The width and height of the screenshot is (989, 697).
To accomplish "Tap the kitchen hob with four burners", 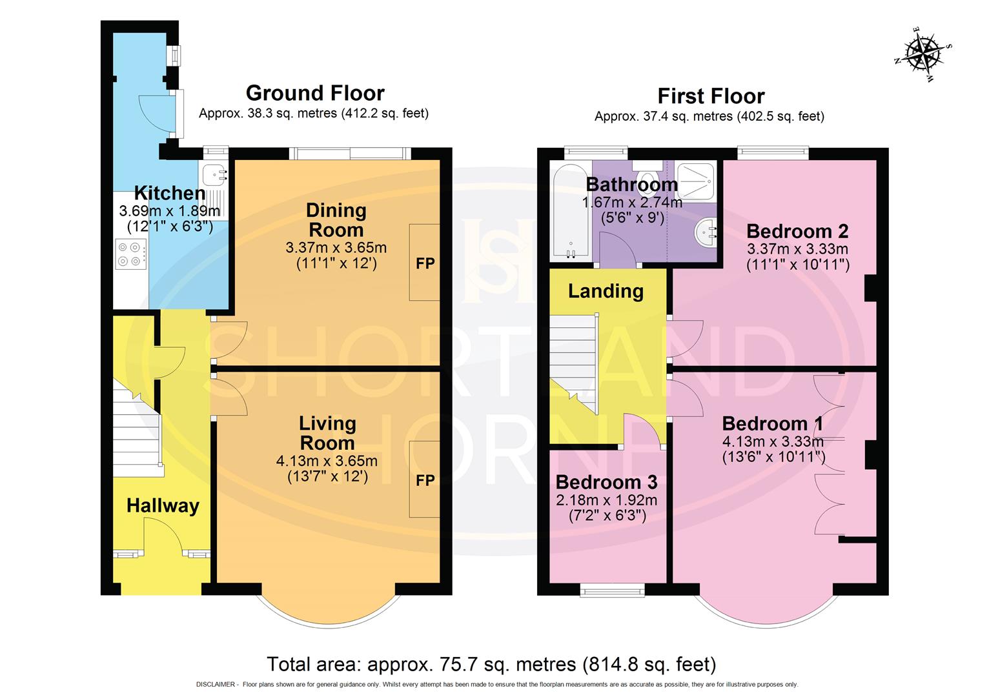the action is [x=131, y=254].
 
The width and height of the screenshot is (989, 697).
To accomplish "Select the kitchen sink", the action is [x=214, y=174].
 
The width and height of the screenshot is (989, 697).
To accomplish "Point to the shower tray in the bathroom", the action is [x=695, y=181].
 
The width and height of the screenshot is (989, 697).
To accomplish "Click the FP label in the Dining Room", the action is [x=425, y=263].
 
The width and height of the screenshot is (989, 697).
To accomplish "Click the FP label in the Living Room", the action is [x=425, y=480].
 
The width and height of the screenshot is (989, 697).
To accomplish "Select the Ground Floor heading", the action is [x=315, y=93].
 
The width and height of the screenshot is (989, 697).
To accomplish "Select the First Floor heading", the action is [x=711, y=96].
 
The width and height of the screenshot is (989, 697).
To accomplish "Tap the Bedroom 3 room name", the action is [x=607, y=482].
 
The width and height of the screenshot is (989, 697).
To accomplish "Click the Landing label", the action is [x=606, y=291].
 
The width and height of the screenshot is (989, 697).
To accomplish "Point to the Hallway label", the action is [x=163, y=506].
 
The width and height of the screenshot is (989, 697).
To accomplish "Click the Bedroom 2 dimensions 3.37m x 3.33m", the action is [x=797, y=249].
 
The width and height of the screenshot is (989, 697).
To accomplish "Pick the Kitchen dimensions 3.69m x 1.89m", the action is [x=170, y=211].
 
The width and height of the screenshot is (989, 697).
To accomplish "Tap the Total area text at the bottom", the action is [x=491, y=664].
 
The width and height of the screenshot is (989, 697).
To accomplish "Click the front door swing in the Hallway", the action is [x=163, y=536].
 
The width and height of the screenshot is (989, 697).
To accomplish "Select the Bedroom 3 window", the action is [x=612, y=590].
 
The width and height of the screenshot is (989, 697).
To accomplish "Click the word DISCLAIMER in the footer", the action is [x=216, y=685].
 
